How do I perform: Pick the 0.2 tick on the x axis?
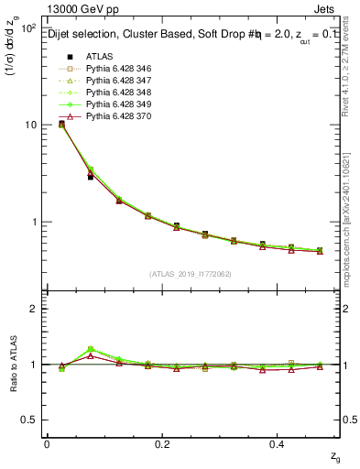162,444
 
